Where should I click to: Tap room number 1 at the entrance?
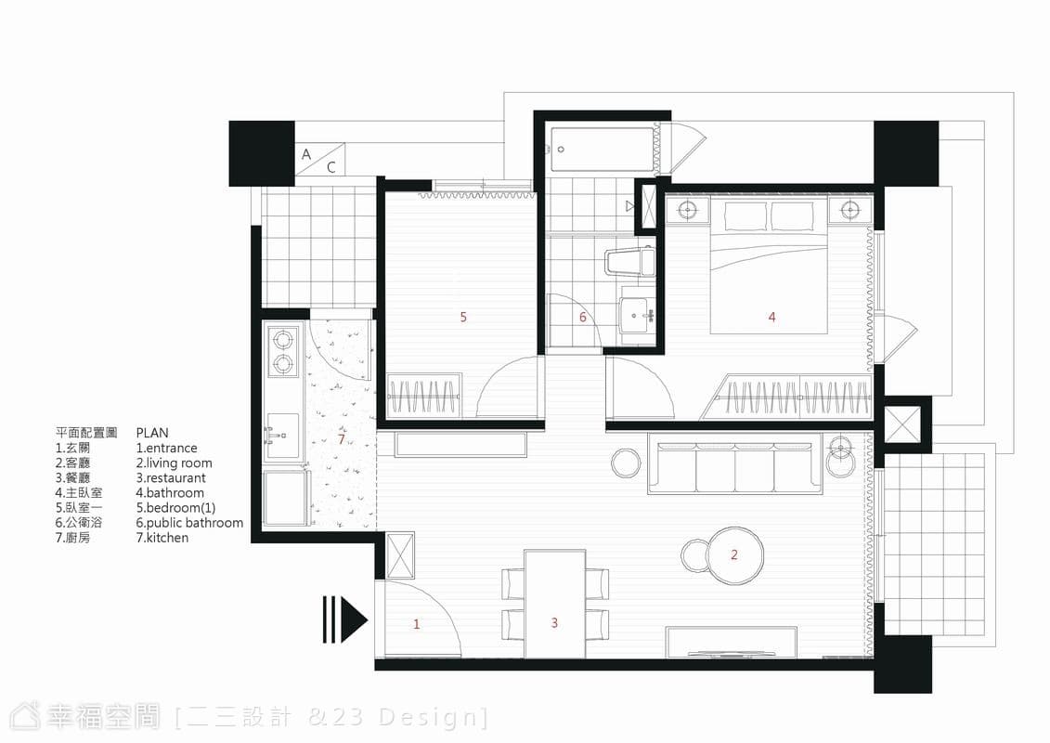417,624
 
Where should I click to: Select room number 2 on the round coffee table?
734,554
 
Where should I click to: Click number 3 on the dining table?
554,623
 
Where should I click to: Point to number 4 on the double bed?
772,317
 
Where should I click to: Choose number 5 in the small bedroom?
463,317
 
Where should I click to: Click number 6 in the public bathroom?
583,317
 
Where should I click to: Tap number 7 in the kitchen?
342,439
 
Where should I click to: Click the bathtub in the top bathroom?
602,150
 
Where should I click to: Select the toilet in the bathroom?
629,262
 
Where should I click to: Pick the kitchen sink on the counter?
282,436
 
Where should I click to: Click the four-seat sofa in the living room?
734,468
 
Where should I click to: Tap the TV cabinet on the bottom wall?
732,642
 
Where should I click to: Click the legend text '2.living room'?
175,463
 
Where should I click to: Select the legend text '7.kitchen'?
162,538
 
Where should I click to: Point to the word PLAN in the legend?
152,433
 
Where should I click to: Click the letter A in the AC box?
306,154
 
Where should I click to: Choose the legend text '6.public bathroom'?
189,523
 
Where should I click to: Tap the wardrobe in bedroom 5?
424,396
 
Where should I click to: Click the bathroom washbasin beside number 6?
637,316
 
